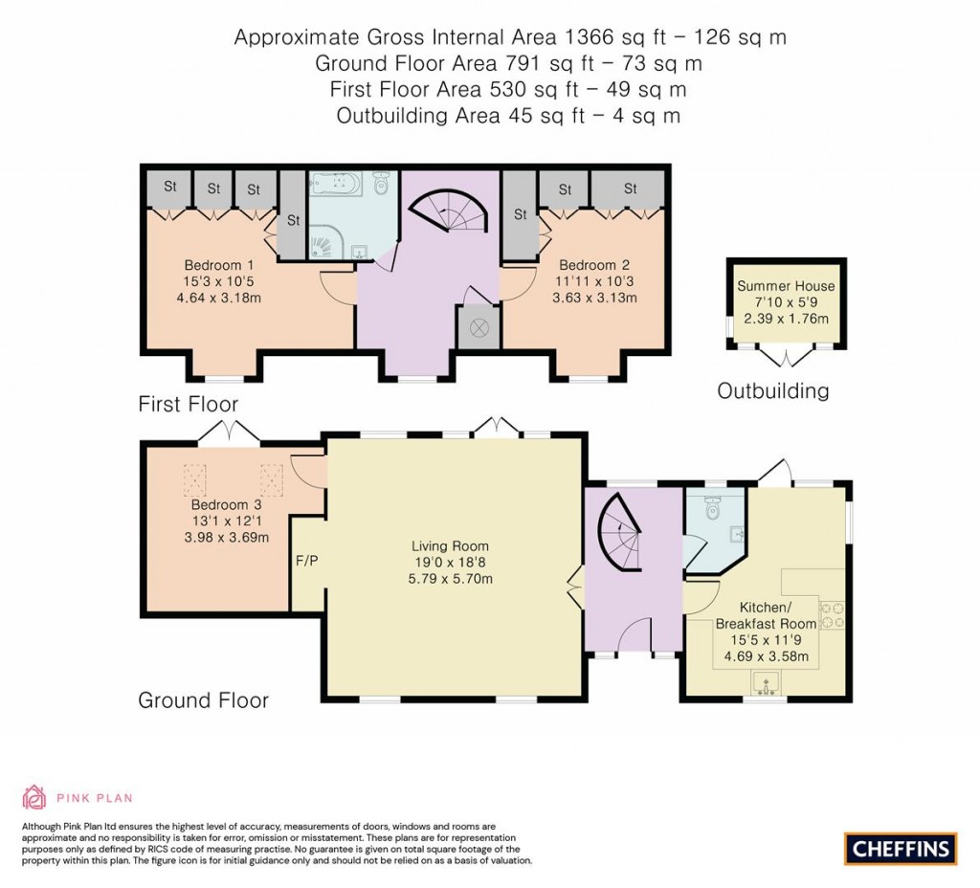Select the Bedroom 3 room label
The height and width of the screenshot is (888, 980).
click(x=226, y=504)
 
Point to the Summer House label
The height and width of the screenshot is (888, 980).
click(x=786, y=286)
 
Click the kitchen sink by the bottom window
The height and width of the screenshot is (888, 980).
click(x=765, y=683)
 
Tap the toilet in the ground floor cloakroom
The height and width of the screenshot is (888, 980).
click(x=711, y=510)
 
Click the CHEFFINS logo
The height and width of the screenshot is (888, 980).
click(x=900, y=848)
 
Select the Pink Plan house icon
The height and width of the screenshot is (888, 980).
click(x=34, y=797)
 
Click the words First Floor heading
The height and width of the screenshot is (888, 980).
click(x=189, y=404)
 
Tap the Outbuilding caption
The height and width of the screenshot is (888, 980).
click(x=773, y=390)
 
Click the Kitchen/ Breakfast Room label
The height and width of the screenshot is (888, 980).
click(x=765, y=615)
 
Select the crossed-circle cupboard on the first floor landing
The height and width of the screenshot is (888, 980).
click(x=478, y=328)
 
